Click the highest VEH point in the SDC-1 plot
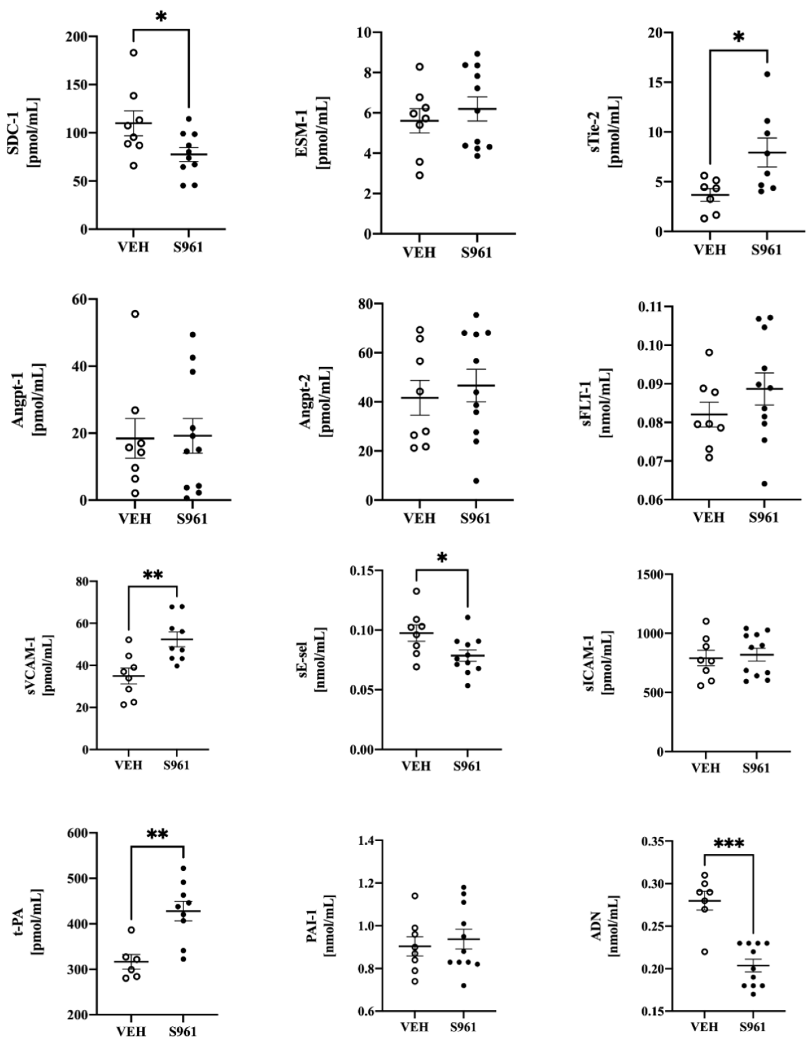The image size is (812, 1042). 134,53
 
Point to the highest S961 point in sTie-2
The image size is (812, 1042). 767,74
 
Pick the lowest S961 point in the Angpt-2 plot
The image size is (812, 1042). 476,480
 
